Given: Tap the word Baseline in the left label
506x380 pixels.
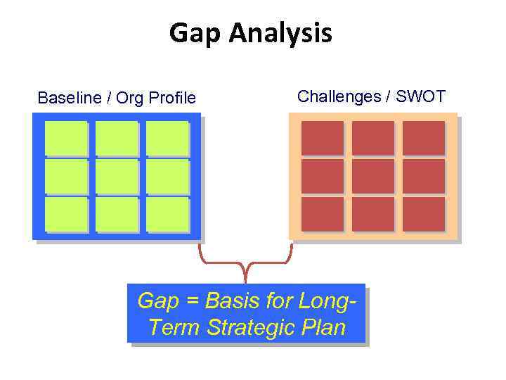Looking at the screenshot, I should tap(70, 98).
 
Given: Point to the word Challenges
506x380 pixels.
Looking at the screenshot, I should tap(339, 96).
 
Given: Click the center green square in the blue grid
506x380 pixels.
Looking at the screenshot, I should tap(117, 177).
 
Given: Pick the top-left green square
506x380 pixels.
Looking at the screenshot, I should tap(66, 139).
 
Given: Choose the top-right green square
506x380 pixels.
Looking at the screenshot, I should tap(168, 139).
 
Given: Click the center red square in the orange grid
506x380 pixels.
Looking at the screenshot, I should tap(372, 176).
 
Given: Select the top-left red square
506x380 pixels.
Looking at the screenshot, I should tap(322, 138).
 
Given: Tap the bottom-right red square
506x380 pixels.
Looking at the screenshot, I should tap(424, 214).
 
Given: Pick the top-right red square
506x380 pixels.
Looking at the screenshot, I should tap(424, 138).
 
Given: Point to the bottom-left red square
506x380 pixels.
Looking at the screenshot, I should tap(322, 214).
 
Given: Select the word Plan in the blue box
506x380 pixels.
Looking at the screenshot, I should tap(325, 327).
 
